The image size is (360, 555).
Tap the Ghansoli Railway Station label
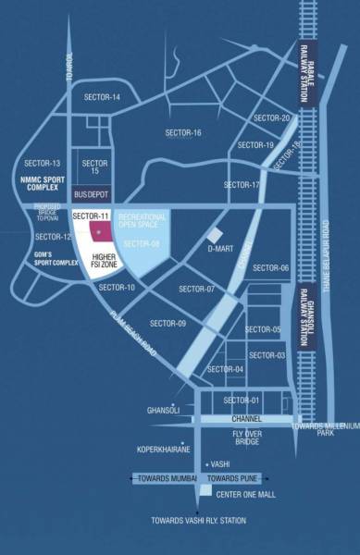click(304, 316)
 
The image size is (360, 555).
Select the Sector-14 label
click(103, 97)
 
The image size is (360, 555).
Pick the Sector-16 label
click(183, 132)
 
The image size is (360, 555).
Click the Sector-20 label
click(272, 117)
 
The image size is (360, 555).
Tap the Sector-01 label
click(242, 400)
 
